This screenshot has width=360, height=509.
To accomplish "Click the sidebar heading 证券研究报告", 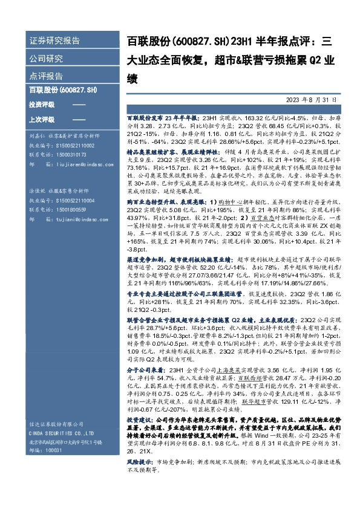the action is pos(54,41).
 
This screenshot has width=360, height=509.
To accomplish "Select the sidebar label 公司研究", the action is pos(46,59).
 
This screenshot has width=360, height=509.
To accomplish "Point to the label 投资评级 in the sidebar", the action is pos(41,105).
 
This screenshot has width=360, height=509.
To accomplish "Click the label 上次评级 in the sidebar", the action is pos(41,119).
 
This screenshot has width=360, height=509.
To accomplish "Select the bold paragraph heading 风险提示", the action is pos(139,461).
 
